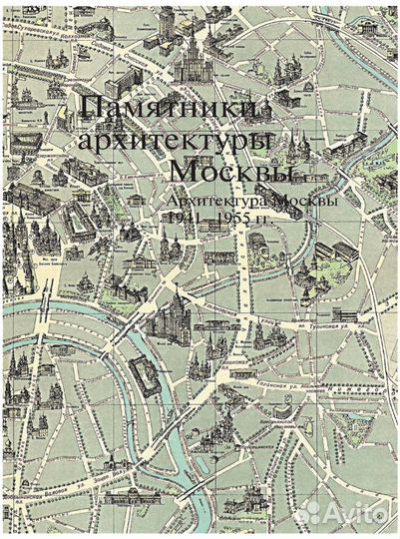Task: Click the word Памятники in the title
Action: (170, 107)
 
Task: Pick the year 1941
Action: (183, 218)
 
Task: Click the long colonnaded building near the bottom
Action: (133, 496)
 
